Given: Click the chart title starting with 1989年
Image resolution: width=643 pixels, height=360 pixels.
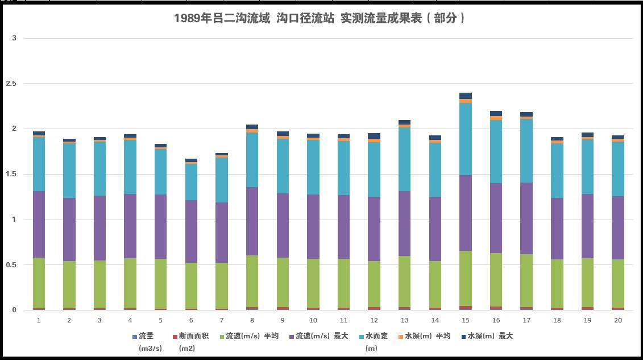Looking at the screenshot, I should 321,18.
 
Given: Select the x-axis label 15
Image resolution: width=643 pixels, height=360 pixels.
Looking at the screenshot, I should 465,320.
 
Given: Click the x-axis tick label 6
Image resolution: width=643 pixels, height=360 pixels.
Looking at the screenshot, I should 191,320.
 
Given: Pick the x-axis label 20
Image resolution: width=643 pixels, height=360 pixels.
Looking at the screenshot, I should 617,320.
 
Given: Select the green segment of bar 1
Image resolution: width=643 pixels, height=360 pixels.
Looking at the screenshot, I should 39,283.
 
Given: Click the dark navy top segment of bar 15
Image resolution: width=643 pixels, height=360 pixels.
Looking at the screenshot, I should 465,96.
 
